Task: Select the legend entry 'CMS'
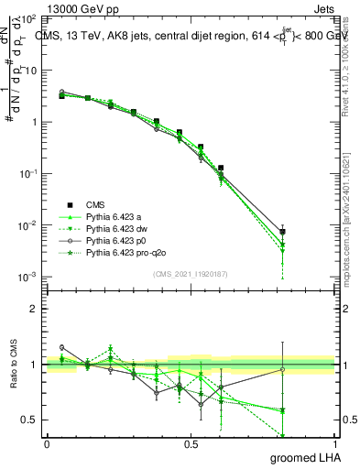pos(96,205)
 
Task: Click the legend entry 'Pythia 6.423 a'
pos(115,217)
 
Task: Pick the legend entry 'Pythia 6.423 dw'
pos(118,229)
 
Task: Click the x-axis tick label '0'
pos(47,443)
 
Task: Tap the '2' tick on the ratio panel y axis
pos(34,309)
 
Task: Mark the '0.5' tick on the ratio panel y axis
pos(29,420)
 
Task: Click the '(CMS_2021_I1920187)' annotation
pos(191,274)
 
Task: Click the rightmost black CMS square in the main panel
pos(283,232)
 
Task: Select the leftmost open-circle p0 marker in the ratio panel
pos(61,347)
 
